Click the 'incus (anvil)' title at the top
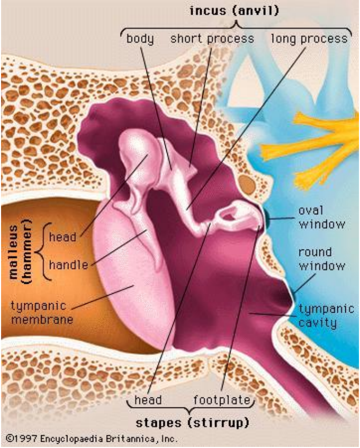[234, 11]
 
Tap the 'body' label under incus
[140, 38]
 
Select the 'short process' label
[212, 39]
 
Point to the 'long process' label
[309, 39]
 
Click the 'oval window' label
[322, 217]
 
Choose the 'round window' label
[322, 259]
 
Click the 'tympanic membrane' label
[42, 313]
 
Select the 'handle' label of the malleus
[68, 265]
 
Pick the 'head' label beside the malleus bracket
[63, 237]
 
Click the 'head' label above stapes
[148, 400]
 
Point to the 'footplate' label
[222, 400]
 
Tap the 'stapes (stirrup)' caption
[192, 423]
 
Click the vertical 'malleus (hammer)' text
[19, 252]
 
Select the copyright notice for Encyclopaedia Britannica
[92, 439]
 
